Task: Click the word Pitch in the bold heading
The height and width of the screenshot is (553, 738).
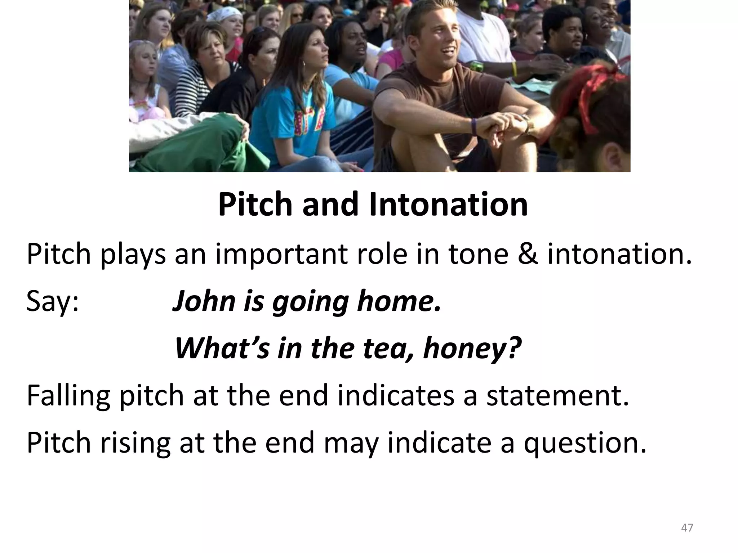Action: coord(255,204)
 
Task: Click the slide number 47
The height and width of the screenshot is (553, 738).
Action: coord(687,528)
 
